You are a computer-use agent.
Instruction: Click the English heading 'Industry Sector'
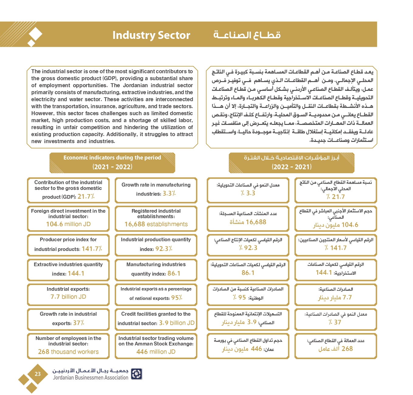(x=151, y=35)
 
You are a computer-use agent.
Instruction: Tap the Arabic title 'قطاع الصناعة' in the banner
(x=247, y=35)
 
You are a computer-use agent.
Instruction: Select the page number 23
(x=38, y=374)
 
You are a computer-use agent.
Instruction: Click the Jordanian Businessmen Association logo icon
(x=136, y=374)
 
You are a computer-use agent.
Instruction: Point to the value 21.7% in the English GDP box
(x=86, y=197)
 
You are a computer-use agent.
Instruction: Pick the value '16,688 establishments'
(x=156, y=224)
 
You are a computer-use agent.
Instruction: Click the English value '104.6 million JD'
(x=68, y=224)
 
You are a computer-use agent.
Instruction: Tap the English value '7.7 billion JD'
(x=68, y=297)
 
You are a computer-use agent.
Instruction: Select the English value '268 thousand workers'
(x=68, y=352)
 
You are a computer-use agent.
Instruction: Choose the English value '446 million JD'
(x=156, y=352)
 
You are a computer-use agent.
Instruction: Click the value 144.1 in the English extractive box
(x=76, y=273)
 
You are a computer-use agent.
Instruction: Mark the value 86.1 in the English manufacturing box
(x=174, y=273)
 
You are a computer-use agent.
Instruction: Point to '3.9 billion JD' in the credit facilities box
(x=177, y=323)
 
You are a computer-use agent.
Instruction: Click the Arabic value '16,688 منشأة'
(x=248, y=222)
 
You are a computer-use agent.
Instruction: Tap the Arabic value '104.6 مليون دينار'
(x=336, y=225)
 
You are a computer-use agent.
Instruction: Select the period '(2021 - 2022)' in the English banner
(x=112, y=167)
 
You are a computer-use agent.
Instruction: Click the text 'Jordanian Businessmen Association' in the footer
(x=91, y=378)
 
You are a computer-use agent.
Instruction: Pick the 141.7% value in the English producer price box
(x=92, y=249)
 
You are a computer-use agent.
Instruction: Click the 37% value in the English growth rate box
(x=78, y=323)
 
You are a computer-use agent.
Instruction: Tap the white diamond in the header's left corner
(x=35, y=34)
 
